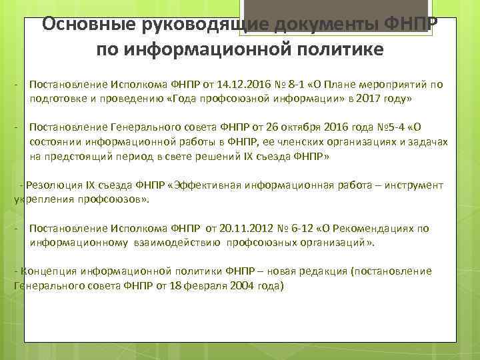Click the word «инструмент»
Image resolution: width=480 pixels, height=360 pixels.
click(x=410, y=185)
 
